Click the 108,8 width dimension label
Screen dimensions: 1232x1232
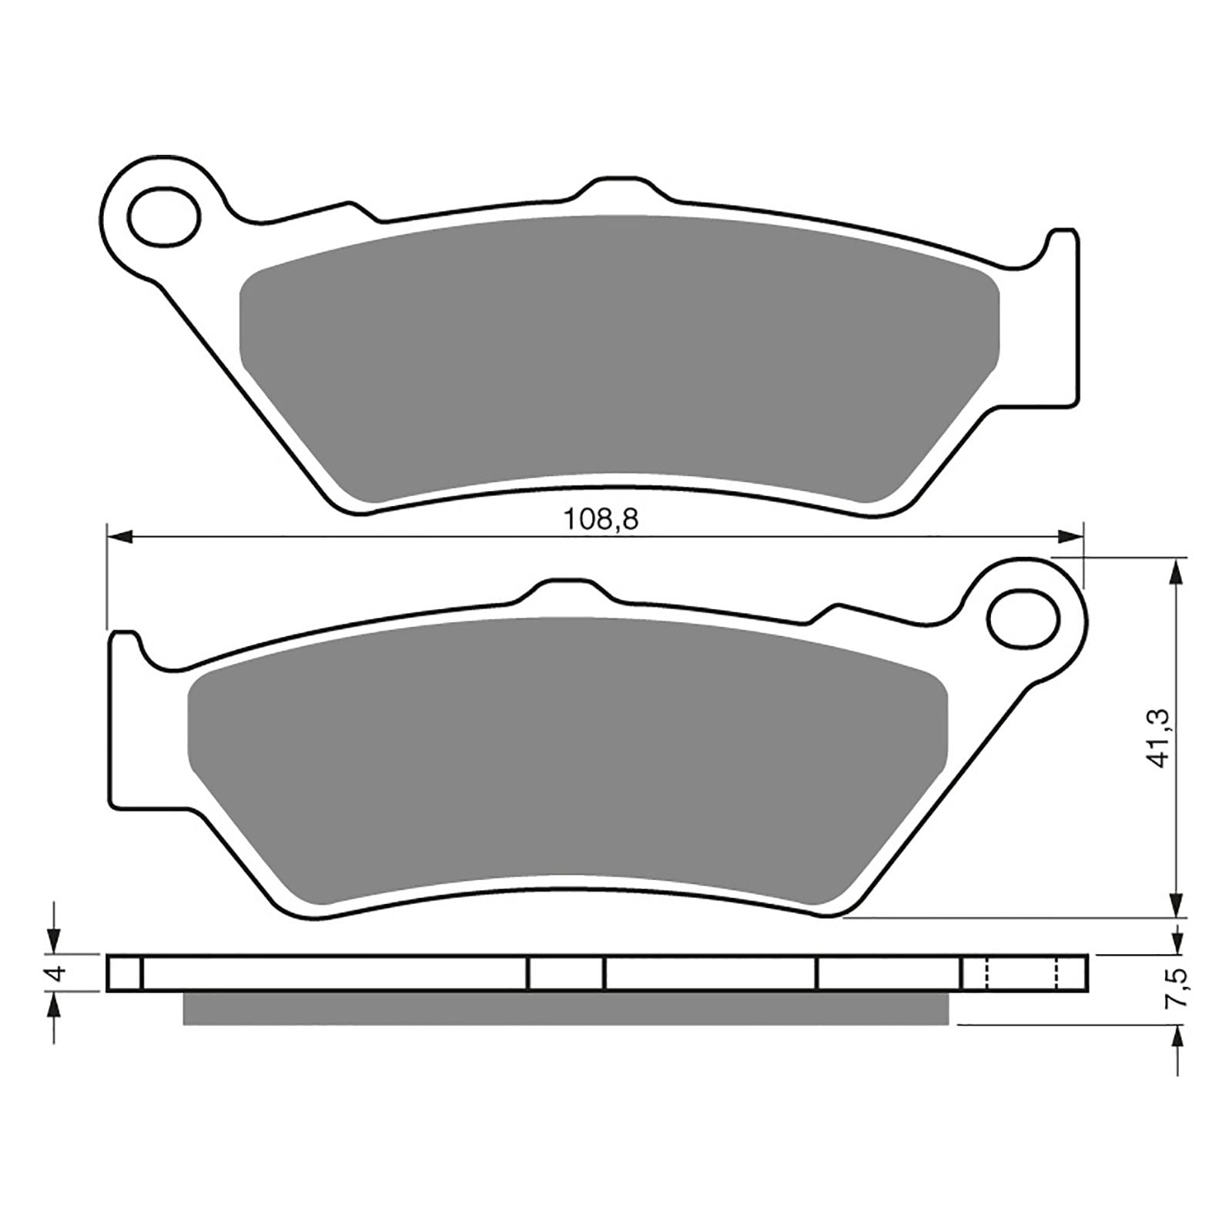point(601,520)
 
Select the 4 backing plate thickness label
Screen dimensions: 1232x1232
point(55,973)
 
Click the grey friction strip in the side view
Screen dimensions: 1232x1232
point(566,1008)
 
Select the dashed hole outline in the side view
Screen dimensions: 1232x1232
point(1022,973)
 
